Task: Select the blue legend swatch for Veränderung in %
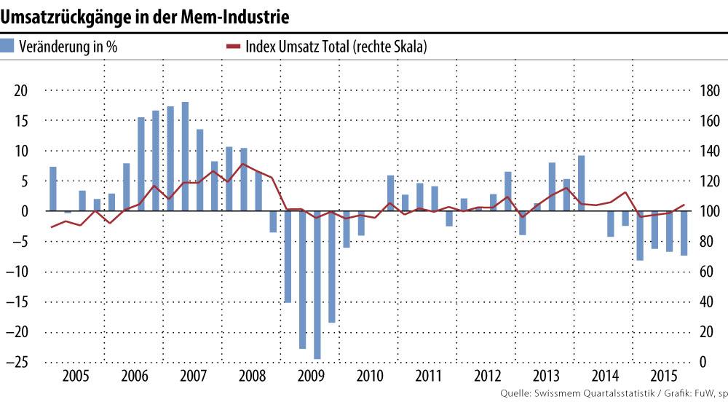click(x=7, y=47)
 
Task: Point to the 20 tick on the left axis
click(x=20, y=91)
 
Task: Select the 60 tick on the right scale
click(x=706, y=272)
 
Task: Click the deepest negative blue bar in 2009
click(x=317, y=285)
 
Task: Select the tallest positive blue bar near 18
click(x=185, y=157)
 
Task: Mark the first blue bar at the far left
click(x=52, y=189)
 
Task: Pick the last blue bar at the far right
click(x=684, y=233)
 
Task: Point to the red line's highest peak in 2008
click(x=242, y=164)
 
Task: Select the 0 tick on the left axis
click(x=23, y=211)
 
